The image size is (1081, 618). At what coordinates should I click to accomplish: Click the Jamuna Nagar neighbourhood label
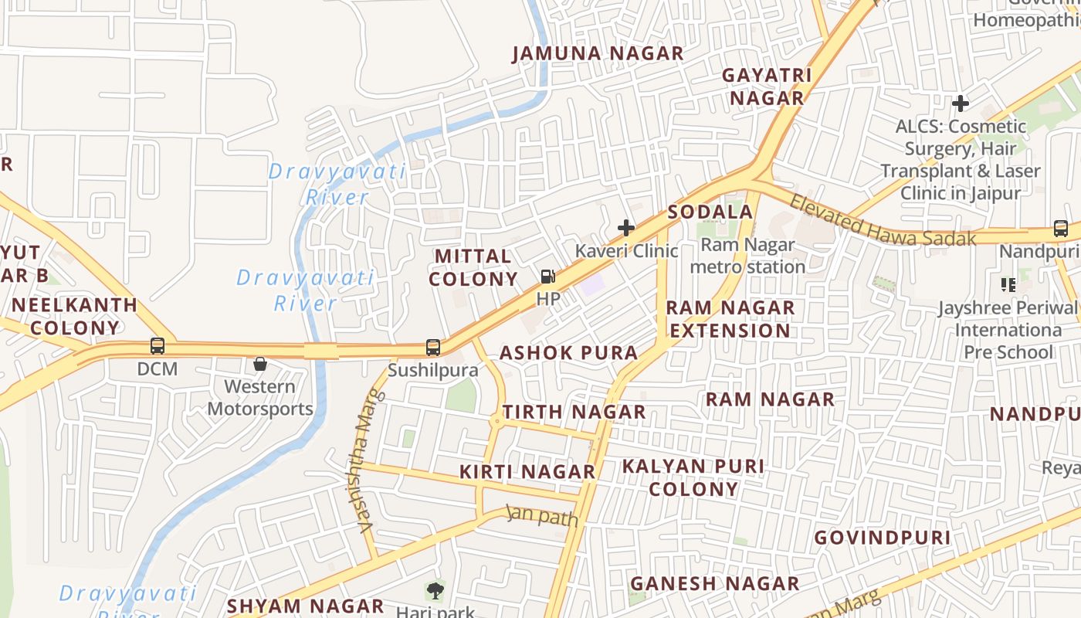pyautogui.click(x=598, y=53)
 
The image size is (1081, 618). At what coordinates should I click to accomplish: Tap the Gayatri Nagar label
pyautogui.click(x=767, y=87)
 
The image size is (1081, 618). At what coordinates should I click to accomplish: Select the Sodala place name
pyautogui.click(x=710, y=212)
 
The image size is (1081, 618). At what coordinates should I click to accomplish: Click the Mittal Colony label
pyautogui.click(x=473, y=267)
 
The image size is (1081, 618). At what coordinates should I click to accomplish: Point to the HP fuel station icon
pyautogui.click(x=547, y=276)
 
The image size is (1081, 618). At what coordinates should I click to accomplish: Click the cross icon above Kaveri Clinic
pyautogui.click(x=626, y=228)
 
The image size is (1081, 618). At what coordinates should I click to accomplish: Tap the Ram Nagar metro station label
pyautogui.click(x=747, y=256)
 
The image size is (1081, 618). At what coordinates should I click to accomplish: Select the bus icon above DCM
pyautogui.click(x=158, y=346)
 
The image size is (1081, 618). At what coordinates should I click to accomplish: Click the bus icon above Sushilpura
pyautogui.click(x=433, y=348)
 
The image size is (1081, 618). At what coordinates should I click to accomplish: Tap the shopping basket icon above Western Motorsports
pyautogui.click(x=260, y=363)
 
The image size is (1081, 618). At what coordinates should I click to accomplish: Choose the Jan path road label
pyautogui.click(x=542, y=515)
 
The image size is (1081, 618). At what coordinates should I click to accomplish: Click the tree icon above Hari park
pyautogui.click(x=435, y=592)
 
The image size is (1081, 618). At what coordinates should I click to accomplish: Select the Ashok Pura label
pyautogui.click(x=569, y=353)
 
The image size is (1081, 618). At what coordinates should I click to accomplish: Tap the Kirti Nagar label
pyautogui.click(x=527, y=471)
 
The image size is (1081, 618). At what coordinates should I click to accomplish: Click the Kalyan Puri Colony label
pyautogui.click(x=693, y=477)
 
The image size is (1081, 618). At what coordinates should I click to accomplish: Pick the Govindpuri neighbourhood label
pyautogui.click(x=882, y=537)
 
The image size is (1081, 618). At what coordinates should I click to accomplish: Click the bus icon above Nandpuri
pyautogui.click(x=1061, y=229)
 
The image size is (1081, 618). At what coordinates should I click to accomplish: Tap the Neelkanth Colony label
pyautogui.click(x=75, y=316)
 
